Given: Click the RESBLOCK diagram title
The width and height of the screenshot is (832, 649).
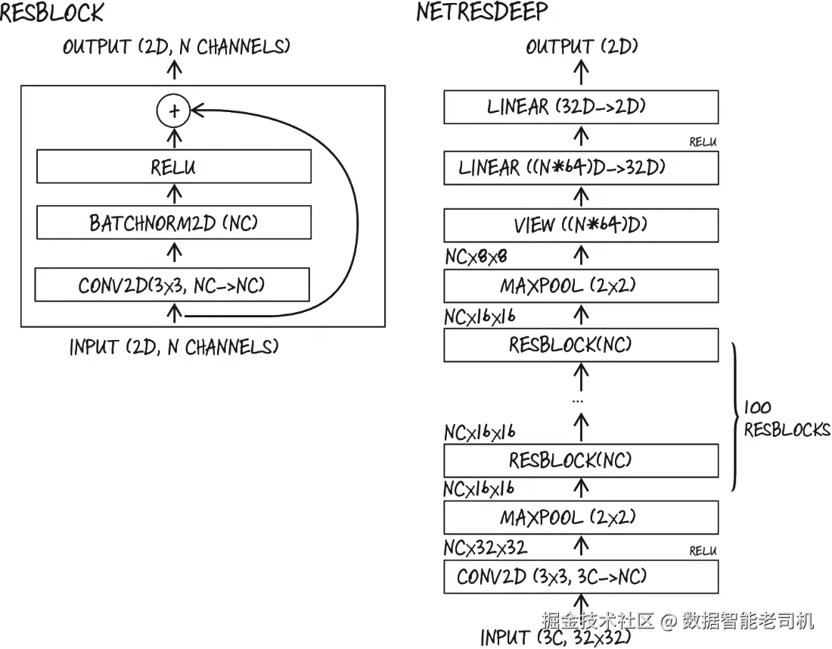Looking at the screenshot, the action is [x=51, y=11].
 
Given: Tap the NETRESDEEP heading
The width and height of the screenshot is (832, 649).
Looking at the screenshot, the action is [x=482, y=11].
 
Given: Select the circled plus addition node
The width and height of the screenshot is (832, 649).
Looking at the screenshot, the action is [x=173, y=111].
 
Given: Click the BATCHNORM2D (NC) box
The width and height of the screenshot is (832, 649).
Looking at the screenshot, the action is [x=173, y=223].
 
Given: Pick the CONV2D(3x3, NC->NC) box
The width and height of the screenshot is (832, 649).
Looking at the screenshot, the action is [x=172, y=285].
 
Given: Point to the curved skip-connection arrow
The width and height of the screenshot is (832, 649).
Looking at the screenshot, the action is [x=356, y=213].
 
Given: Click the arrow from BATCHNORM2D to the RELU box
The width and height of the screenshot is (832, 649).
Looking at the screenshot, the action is [x=174, y=194].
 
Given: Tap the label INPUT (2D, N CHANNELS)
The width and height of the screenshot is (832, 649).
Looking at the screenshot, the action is [x=173, y=347].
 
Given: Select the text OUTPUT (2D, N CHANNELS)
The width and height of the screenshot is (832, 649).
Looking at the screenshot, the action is [x=176, y=47].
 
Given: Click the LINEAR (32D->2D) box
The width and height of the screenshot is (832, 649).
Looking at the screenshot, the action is [x=581, y=107].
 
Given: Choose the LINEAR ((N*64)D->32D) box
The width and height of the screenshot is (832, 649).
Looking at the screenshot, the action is [x=581, y=168].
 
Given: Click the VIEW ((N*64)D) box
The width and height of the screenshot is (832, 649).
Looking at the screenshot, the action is [x=581, y=225].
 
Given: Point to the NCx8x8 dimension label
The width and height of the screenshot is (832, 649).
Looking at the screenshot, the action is [x=476, y=257].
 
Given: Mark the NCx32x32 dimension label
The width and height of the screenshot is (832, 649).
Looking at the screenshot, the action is [x=486, y=547].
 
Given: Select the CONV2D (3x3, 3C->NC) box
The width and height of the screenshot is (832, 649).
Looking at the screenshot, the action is [x=581, y=576].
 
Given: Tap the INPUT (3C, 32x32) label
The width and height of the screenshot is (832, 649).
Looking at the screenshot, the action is [x=556, y=637].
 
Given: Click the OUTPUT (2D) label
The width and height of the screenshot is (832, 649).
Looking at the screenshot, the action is [x=582, y=47].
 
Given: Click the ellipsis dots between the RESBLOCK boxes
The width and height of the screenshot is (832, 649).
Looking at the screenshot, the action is [x=579, y=401].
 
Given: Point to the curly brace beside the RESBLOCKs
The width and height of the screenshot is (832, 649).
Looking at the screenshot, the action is [x=735, y=417].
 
